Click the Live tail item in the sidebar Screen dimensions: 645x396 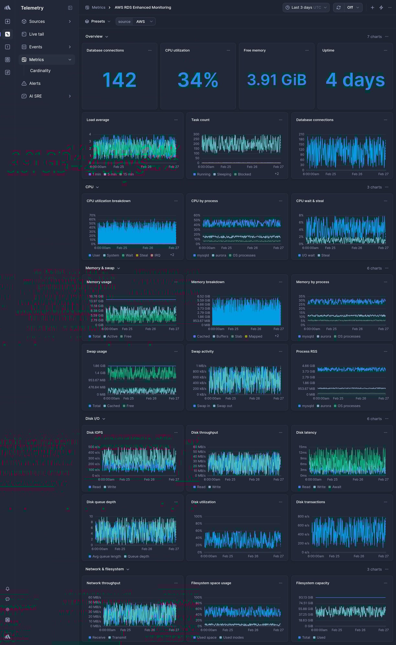tap(36, 34)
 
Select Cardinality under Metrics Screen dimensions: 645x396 tap(40, 71)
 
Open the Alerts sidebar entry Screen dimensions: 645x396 tap(35, 83)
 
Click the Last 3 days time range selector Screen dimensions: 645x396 tap(306, 7)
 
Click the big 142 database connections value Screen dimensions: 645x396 tap(119, 80)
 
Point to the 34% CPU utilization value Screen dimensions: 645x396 tap(198, 80)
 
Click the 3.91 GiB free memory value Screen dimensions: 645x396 tap(277, 80)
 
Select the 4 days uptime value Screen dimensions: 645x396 tap(355, 80)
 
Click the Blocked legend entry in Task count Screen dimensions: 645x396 tap(244, 174)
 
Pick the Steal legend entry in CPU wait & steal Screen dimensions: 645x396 tap(325, 256)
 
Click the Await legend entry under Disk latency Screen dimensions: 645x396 tap(336, 487)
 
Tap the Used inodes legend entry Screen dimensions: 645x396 tap(233, 638)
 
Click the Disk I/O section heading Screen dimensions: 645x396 tap(93, 419)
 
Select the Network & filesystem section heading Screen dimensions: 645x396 tap(104, 569)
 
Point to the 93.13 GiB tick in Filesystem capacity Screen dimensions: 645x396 tap(306, 597)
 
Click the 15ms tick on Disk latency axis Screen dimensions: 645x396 tap(302, 447)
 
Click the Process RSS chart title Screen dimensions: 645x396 tap(307, 352)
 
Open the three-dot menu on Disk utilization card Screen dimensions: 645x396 tap(280, 502)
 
